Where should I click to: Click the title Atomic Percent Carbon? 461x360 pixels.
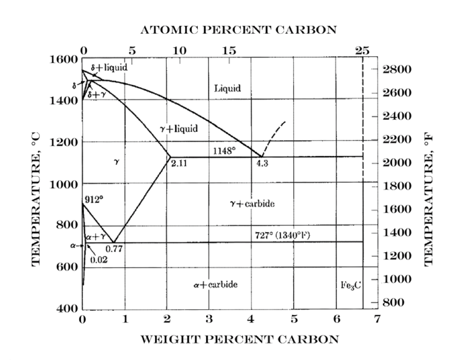coord(238,30)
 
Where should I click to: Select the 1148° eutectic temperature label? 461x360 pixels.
coord(224,151)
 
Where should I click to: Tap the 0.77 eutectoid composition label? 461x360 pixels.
coord(114,249)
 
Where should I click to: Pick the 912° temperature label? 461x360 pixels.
coord(93,199)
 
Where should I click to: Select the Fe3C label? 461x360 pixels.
coord(350,285)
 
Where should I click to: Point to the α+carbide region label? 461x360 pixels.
coord(215,285)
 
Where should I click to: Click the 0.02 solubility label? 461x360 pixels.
coord(98,259)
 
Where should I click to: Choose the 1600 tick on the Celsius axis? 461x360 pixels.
coord(63,60)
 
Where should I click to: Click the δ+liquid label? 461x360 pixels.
coord(112,67)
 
